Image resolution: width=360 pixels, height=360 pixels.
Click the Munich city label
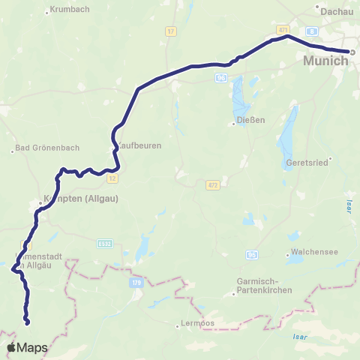[x=326, y=61]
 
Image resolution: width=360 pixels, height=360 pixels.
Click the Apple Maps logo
[x=28, y=348]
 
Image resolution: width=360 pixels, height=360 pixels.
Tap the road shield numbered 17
[x=171, y=31]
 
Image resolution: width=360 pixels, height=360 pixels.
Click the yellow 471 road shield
[x=283, y=29]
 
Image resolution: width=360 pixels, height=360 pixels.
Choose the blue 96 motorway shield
[x=220, y=77]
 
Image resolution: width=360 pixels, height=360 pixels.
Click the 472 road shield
[x=213, y=184]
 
